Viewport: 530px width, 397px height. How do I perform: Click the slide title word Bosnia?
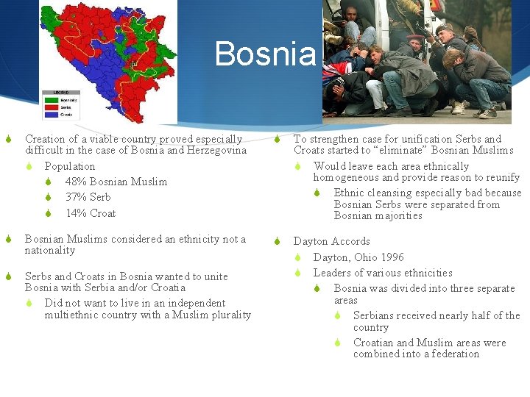[266, 54]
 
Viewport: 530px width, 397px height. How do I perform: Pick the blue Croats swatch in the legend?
[52, 114]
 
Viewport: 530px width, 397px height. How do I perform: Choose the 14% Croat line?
[91, 213]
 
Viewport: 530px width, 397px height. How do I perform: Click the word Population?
[70, 166]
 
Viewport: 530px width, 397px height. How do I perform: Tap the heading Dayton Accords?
[331, 241]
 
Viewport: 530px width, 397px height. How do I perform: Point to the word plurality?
[229, 315]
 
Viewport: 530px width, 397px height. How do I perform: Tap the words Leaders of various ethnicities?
[383, 273]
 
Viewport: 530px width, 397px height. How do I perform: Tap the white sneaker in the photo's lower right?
[487, 113]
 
